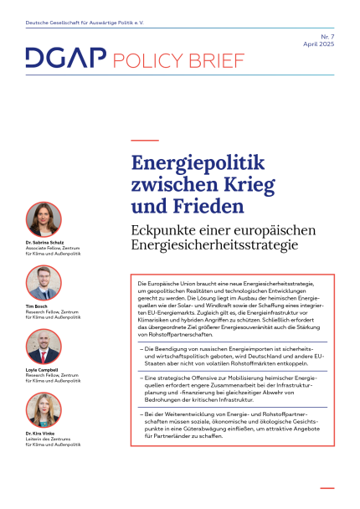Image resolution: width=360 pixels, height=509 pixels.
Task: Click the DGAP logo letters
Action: coord(64,59)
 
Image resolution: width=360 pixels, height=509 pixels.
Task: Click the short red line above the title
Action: coord(145,140)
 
